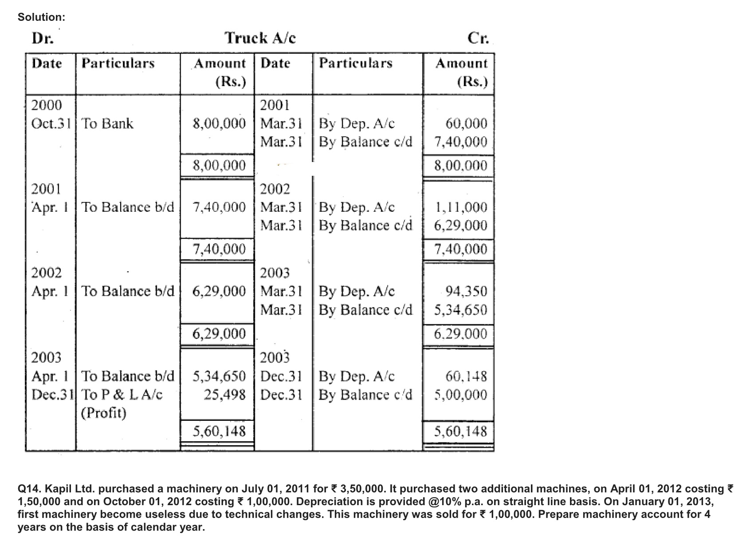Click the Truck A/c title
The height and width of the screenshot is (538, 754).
260,38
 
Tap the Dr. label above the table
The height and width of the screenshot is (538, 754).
43,39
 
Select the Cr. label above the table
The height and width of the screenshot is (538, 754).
478,39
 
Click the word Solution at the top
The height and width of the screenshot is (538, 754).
41,17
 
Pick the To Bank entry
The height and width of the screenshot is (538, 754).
107,123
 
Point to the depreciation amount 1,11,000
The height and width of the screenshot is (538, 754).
461,207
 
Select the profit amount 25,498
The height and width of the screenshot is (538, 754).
224,394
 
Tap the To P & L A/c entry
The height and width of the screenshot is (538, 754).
122,394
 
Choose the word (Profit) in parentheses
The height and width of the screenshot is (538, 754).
104,413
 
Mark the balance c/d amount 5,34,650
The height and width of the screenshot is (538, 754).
460,310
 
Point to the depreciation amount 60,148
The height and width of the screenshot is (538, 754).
466,376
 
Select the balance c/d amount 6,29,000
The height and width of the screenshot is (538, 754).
460,225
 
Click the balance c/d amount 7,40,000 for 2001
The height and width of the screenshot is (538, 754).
460,142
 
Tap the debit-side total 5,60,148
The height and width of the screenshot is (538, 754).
219,431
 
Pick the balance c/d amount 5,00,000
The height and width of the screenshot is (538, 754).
460,395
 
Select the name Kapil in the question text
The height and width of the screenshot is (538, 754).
58,489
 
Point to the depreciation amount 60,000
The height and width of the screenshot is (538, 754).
466,123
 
